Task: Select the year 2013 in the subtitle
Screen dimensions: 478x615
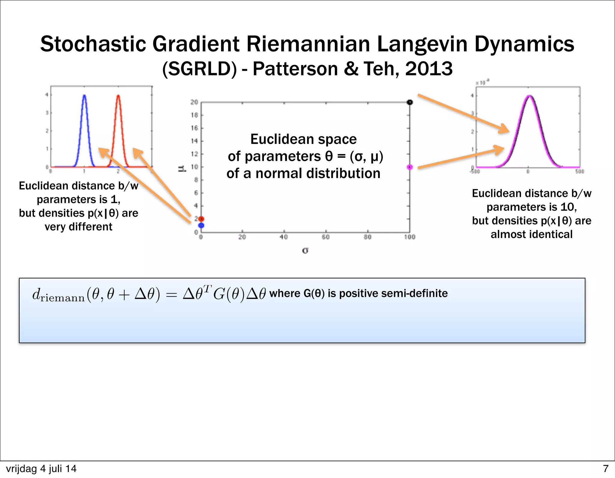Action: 429,69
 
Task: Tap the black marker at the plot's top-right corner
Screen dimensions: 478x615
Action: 410,102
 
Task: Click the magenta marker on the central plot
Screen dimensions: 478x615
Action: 410,167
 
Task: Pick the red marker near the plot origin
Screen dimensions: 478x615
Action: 201,219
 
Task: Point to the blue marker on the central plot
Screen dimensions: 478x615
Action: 201,225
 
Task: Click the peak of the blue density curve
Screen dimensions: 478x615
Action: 84,96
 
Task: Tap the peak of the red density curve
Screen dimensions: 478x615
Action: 118,96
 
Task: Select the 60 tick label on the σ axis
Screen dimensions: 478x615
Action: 326,237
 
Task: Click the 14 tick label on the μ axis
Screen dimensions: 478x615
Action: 194,141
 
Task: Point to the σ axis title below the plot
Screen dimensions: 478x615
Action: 305,250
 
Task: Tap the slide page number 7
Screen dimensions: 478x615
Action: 605,469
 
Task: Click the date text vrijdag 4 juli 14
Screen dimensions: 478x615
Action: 41,469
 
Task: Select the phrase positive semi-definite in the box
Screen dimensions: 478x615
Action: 393,293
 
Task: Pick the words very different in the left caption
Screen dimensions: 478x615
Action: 78,227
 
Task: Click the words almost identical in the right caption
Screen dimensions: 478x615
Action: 531,234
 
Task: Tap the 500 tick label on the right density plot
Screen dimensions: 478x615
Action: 580,171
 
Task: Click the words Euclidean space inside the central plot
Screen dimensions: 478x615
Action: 303,139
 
